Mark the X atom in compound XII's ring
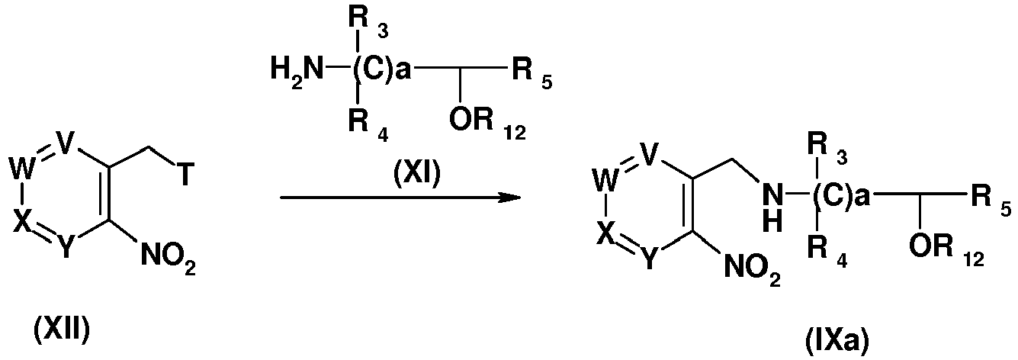click(x=22, y=222)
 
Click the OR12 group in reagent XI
click(x=487, y=122)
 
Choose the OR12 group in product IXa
click(x=946, y=248)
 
